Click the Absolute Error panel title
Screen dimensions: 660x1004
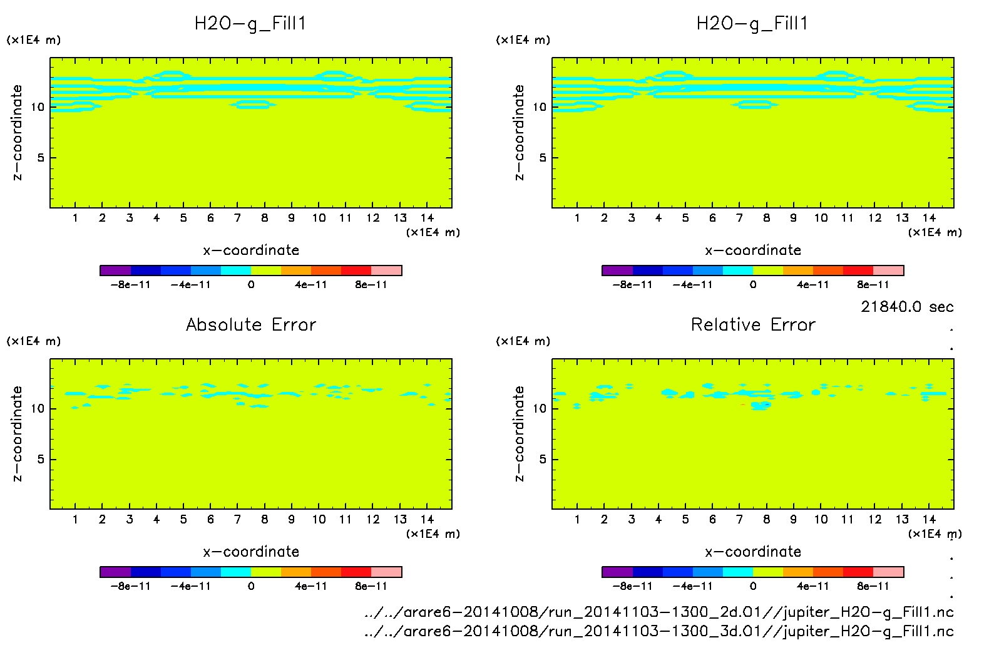pyautogui.click(x=251, y=325)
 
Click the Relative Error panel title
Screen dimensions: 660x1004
pyautogui.click(x=753, y=325)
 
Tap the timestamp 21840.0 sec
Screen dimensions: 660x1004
pyautogui.click(x=907, y=307)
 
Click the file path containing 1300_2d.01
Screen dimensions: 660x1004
pyautogui.click(x=658, y=612)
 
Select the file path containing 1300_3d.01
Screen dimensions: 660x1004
pyautogui.click(x=658, y=631)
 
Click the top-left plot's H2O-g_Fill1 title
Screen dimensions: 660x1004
pyautogui.click(x=250, y=24)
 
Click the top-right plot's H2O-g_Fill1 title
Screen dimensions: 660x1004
pyautogui.click(x=752, y=24)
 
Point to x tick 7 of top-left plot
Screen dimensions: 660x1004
pyautogui.click(x=237, y=218)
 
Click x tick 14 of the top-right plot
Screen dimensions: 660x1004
pyautogui.click(x=929, y=218)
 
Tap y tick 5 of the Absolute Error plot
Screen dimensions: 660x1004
pyautogui.click(x=41, y=460)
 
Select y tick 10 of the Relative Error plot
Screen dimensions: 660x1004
pyautogui.click(x=539, y=409)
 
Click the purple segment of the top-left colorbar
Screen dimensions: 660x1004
pyautogui.click(x=115, y=271)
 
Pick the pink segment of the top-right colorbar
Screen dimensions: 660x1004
pyautogui.click(x=888, y=271)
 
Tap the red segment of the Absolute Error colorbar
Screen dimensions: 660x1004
pyautogui.click(x=356, y=572)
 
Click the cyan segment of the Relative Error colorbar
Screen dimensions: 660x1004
pyautogui.click(x=738, y=572)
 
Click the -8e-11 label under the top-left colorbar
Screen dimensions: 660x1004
pyautogui.click(x=131, y=285)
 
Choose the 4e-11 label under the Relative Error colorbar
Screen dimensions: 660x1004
pyautogui.click(x=813, y=587)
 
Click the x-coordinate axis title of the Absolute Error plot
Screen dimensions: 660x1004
pyautogui.click(x=251, y=552)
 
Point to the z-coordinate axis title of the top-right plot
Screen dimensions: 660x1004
pyautogui.click(x=520, y=133)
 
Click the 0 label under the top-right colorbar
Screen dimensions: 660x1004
pyautogui.click(x=753, y=285)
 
